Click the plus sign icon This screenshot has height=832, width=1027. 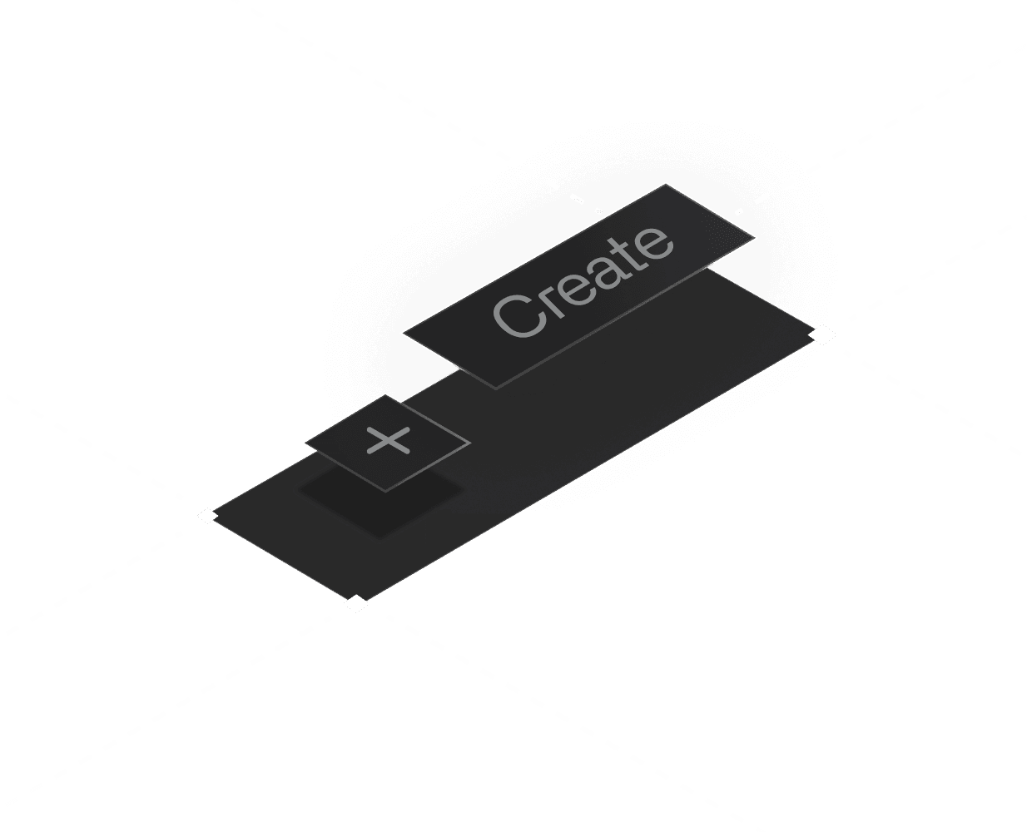[389, 440]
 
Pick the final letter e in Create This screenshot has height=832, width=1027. [652, 241]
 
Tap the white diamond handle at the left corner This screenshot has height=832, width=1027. [207, 516]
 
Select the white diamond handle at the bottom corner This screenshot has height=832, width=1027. [356, 603]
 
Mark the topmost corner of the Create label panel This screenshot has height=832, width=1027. [665, 184]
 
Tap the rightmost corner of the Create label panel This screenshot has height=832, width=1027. [756, 239]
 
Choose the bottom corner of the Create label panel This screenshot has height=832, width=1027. [495, 388]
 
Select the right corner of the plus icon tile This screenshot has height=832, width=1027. [469, 442]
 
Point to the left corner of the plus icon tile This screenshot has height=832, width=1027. [305, 442]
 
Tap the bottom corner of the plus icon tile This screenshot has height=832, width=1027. [385, 491]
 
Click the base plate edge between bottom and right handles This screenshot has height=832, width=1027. [589, 469]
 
